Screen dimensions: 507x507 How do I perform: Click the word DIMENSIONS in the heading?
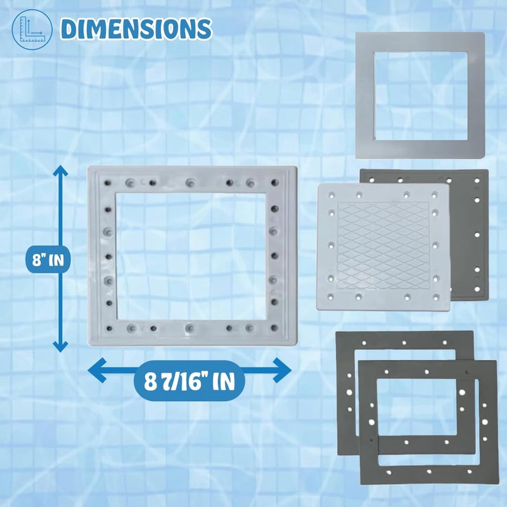point(136,29)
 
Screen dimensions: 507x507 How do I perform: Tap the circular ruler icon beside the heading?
point(32,29)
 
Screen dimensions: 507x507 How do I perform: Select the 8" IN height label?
point(48,259)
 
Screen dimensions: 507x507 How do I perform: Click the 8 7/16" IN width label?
point(189,381)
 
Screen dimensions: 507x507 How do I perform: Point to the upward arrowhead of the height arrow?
point(60,170)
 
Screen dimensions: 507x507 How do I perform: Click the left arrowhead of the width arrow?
point(97,370)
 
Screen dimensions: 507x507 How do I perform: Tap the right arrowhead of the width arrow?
point(282,370)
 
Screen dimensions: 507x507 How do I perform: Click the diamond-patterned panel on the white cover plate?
point(383,246)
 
